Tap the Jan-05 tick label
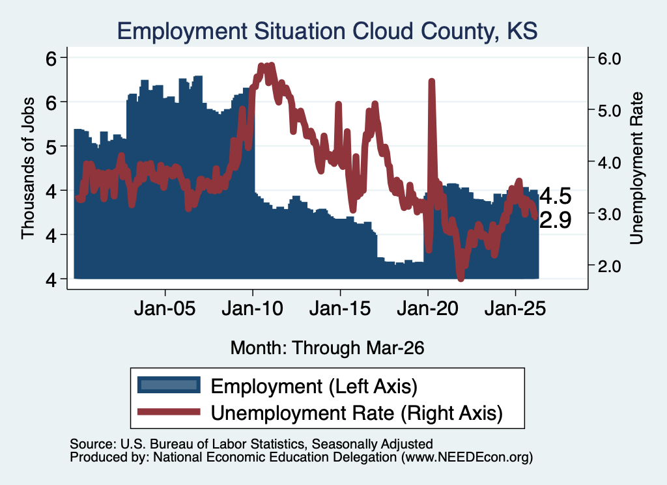pyautogui.click(x=165, y=308)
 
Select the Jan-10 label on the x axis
pyautogui.click(x=253, y=308)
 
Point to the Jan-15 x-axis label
pyautogui.click(x=340, y=308)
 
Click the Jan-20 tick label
pyautogui.click(x=428, y=308)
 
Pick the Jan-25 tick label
pyautogui.click(x=515, y=308)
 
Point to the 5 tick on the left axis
pyautogui.click(x=51, y=146)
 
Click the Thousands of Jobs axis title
pyautogui.click(x=27, y=169)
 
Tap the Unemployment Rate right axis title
pyautogui.click(x=636, y=169)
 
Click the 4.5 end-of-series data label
pyautogui.click(x=556, y=197)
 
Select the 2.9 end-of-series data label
pyautogui.click(x=556, y=220)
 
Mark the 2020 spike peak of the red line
pyautogui.click(x=431, y=81)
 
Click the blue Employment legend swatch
pyautogui.click(x=169, y=385)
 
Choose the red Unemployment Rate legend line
pyautogui.click(x=169, y=411)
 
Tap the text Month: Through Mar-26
pyautogui.click(x=327, y=348)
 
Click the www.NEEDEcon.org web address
pyautogui.click(x=468, y=458)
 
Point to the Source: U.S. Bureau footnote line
pyautogui.click(x=251, y=444)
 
